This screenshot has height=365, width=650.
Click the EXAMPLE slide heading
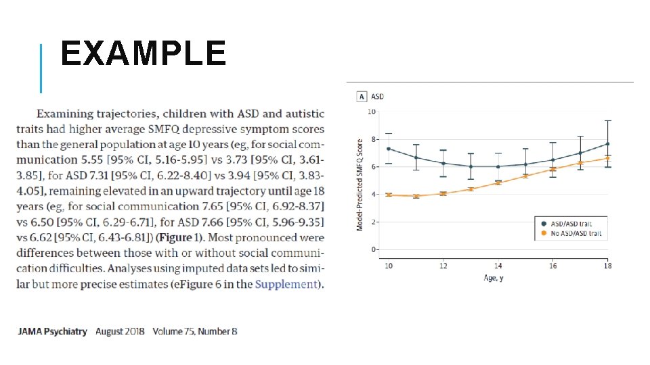click(144, 53)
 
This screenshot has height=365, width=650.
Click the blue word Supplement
click(286, 285)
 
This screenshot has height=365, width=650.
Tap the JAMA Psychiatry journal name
click(52, 331)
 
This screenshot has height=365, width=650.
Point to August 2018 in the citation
click(120, 331)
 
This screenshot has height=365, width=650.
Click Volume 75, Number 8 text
click(195, 331)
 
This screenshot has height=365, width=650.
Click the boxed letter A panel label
click(362, 97)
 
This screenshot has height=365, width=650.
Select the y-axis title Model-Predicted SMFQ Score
click(360, 185)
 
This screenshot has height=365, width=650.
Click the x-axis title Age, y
click(494, 278)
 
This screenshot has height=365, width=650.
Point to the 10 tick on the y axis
click(372, 112)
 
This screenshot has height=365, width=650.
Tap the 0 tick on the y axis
click(373, 249)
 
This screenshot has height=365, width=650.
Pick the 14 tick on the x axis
click(498, 266)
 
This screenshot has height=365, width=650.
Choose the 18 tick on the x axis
click(608, 266)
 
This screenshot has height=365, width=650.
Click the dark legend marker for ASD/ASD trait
click(544, 224)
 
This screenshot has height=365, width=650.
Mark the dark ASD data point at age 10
click(389, 149)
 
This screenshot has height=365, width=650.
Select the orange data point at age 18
click(608, 158)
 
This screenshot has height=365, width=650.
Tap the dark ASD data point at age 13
click(471, 167)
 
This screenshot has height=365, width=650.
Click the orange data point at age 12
click(443, 193)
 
